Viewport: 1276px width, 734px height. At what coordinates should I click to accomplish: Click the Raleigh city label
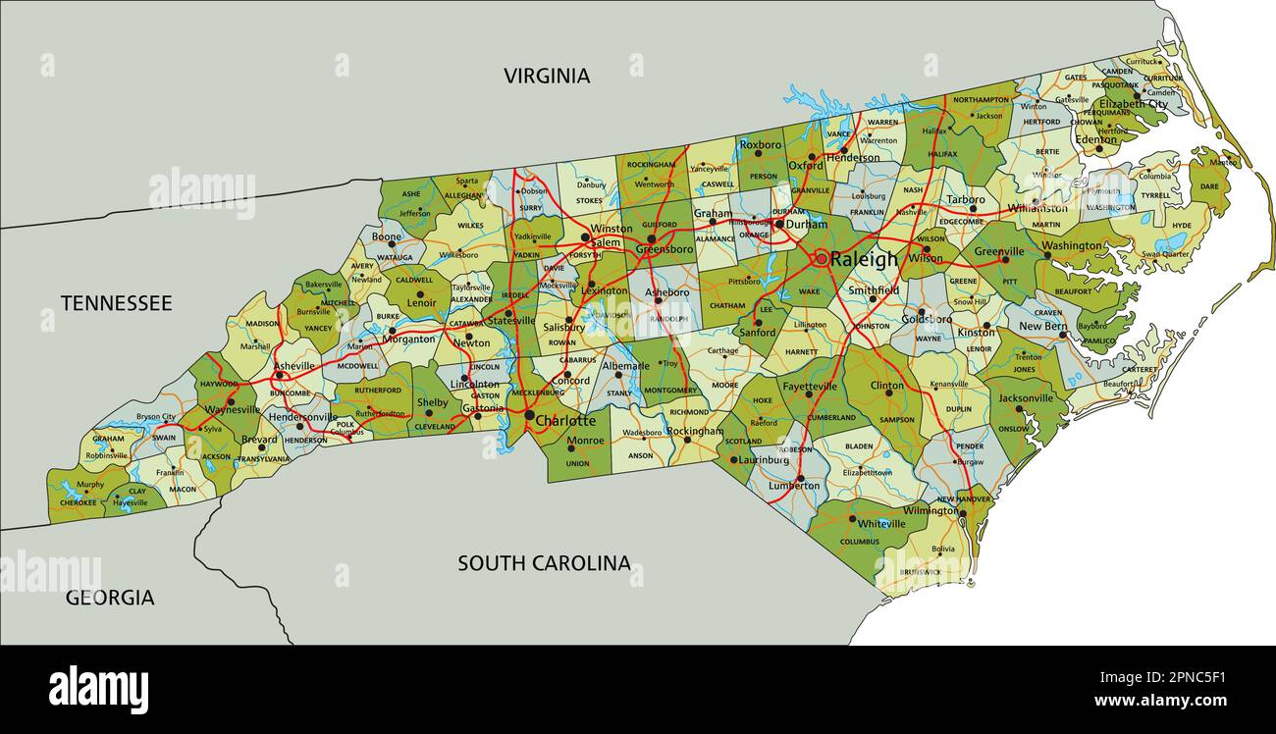coord(864,260)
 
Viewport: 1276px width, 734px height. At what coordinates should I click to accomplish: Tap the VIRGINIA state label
coord(547,76)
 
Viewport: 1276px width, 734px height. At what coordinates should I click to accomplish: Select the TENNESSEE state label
coord(116,303)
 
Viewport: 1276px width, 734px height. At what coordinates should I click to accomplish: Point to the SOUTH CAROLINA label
coord(544,563)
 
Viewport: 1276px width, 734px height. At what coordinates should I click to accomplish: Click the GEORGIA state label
coord(110,598)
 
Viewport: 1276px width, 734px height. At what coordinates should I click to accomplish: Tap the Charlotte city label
coord(565,421)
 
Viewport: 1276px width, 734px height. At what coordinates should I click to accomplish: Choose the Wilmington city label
coord(930,510)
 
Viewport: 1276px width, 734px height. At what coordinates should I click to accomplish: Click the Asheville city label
coord(294,366)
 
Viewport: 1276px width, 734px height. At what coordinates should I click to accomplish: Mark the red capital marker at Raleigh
coord(821,259)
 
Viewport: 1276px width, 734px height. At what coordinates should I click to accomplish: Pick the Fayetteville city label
coord(811,387)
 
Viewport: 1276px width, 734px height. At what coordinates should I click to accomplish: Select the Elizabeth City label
coord(1133,104)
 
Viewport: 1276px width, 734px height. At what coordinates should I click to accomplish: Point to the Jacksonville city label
coord(1025,398)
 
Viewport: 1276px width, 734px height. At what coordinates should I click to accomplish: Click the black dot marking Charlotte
coord(529,417)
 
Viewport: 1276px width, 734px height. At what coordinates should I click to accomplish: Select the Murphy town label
coord(89,485)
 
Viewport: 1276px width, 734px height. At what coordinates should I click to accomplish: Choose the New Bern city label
coord(1042,326)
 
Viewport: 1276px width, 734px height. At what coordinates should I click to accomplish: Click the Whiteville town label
coord(881,524)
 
